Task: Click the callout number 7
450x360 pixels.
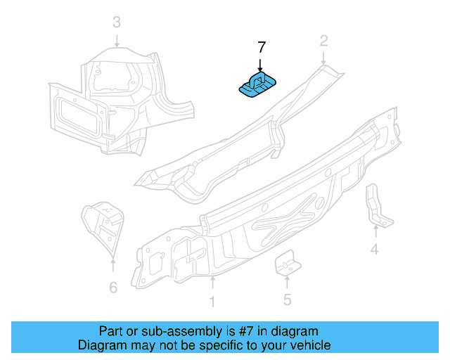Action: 261,48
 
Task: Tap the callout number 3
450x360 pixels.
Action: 117,23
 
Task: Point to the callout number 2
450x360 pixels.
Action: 323,41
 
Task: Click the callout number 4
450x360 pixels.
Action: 375,249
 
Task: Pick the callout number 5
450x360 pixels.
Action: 287,300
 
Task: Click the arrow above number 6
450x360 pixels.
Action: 112,266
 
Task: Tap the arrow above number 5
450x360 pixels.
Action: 287,281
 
